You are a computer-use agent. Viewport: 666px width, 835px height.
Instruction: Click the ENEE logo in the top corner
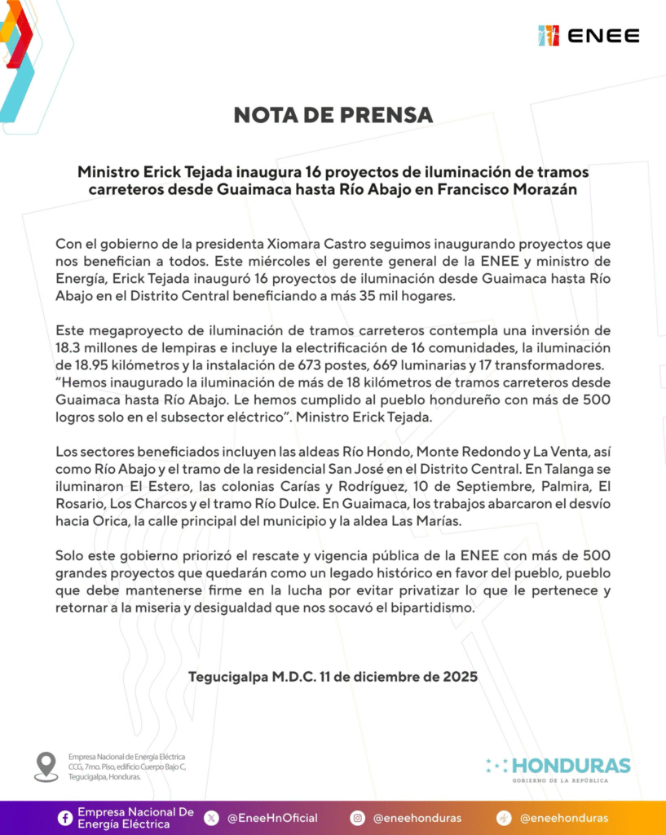(589, 35)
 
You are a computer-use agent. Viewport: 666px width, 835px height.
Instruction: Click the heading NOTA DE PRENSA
(333, 114)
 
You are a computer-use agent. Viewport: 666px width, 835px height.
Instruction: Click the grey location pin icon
(46, 767)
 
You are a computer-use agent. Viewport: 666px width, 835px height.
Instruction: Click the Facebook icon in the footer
(64, 818)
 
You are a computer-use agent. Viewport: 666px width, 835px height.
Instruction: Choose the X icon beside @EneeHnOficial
(211, 818)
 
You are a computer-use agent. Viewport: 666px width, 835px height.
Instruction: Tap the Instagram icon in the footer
(357, 818)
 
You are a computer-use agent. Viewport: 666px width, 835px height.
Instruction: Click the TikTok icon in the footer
(504, 818)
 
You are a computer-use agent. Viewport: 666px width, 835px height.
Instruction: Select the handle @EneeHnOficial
(272, 818)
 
